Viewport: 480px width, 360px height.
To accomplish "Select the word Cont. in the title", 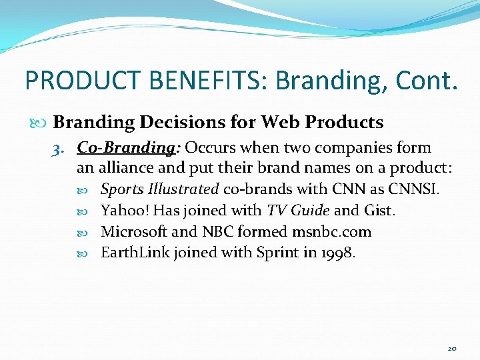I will pyautogui.click(x=427, y=80).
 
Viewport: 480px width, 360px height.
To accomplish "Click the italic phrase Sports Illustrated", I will pyautogui.click(x=159, y=189).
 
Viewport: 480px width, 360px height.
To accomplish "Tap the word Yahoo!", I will pyautogui.click(x=125, y=211).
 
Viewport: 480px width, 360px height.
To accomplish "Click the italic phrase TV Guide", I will pyautogui.click(x=298, y=211).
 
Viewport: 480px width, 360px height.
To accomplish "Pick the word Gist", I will pyautogui.click(x=380, y=211).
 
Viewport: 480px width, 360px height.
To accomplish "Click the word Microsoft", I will pyautogui.click(x=133, y=232).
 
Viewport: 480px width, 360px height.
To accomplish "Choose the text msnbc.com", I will pyautogui.click(x=331, y=232).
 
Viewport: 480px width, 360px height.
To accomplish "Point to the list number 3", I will pyautogui.click(x=58, y=148).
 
